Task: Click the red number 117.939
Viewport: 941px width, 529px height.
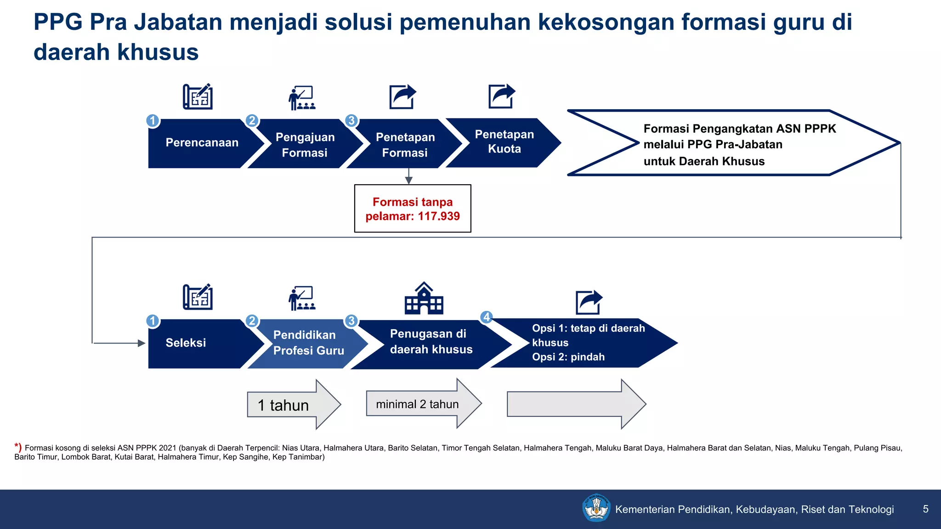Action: [x=438, y=216]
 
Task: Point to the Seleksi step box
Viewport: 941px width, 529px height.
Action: [x=193, y=343]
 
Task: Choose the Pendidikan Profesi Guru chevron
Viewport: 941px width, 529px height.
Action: [x=308, y=343]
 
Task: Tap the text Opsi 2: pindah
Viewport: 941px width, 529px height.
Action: [x=568, y=357]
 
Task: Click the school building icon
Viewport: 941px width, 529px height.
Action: [x=424, y=299]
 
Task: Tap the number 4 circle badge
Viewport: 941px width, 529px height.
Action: [x=487, y=317]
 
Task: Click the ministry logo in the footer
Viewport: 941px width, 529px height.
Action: [x=596, y=508]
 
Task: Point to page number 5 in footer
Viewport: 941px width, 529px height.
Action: [x=925, y=509]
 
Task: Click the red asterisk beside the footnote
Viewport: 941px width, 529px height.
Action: [x=17, y=446]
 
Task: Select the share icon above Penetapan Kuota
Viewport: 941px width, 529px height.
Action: [x=501, y=96]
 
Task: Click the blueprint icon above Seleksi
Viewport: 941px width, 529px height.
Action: [x=198, y=297]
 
